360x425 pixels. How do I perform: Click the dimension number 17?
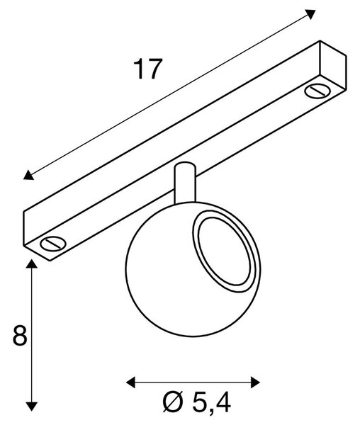[148, 69]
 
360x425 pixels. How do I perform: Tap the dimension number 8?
[20, 335]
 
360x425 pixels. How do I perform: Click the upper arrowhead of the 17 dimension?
[310, 14]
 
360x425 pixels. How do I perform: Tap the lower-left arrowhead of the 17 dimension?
[28, 176]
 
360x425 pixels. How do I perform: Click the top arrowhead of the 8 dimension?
[32, 263]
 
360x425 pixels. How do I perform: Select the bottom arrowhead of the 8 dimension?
[32, 407]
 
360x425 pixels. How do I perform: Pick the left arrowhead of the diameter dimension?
[130, 382]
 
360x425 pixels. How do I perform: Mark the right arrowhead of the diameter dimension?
[256, 382]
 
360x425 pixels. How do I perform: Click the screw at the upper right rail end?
[317, 91]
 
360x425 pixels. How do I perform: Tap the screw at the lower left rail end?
[53, 244]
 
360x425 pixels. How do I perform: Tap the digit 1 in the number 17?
[140, 69]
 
